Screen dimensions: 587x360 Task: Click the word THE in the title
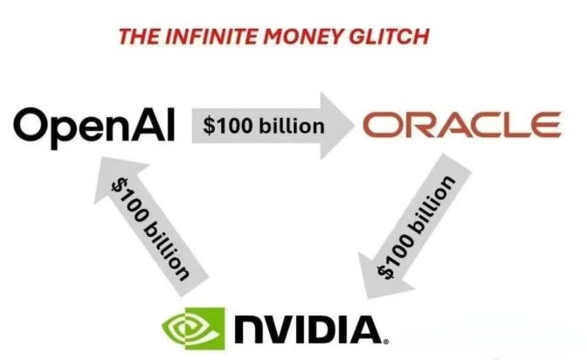(136, 37)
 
